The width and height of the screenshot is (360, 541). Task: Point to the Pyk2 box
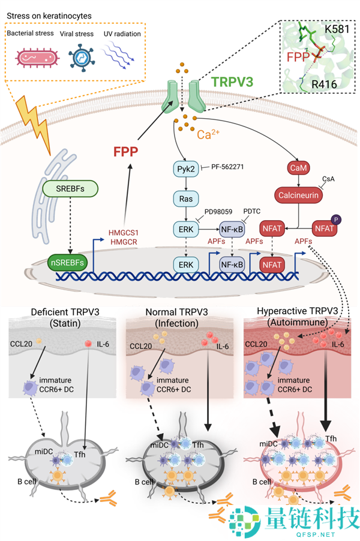185,169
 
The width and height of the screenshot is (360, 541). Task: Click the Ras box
185,198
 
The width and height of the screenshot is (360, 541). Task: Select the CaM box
298,169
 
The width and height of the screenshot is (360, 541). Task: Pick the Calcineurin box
298,195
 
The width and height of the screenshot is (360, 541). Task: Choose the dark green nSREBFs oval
67,262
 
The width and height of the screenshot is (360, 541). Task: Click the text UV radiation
122,34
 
